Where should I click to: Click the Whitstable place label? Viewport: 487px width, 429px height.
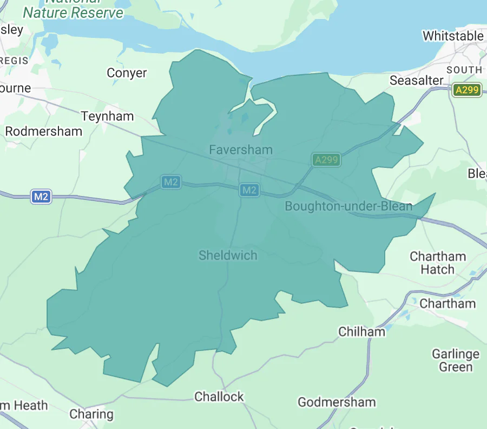point(453,36)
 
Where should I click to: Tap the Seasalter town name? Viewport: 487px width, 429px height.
point(417,80)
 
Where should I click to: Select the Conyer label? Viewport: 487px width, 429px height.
point(127,73)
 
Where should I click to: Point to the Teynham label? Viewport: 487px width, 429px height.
point(107,116)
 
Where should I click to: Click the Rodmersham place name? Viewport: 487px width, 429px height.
point(43,131)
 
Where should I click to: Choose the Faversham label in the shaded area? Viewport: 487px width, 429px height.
point(241,149)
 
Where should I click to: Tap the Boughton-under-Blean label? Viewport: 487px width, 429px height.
point(348,206)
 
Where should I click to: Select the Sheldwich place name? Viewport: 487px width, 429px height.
point(228,255)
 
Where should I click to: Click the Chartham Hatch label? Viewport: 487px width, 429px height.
point(438,263)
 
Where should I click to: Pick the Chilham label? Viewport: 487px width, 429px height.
point(361,331)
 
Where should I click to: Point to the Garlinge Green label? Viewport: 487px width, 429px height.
point(456,361)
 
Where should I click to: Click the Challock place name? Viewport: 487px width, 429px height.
point(219,396)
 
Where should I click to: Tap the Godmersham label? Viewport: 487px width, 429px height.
point(337,402)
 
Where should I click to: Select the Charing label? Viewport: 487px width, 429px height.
point(91,414)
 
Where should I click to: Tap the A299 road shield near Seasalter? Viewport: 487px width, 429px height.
point(466,90)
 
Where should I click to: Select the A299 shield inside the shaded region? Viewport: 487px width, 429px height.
point(326,159)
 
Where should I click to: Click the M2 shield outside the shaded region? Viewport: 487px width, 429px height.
point(41,197)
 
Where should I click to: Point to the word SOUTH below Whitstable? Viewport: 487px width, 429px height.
point(464,70)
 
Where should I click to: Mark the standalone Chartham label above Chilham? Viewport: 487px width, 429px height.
point(447,303)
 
